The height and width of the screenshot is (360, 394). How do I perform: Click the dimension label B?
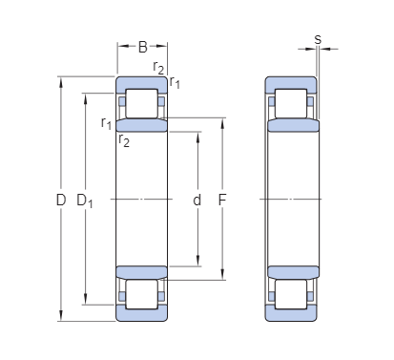[143, 47]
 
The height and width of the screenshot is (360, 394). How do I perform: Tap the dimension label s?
[318, 39]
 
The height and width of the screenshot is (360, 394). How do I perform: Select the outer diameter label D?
[61, 200]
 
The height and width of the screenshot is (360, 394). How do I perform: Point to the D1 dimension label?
[85, 201]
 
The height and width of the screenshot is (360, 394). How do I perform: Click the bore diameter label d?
[197, 200]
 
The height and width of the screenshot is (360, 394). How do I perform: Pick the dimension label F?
[222, 200]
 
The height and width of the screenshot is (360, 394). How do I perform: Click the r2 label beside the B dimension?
[158, 67]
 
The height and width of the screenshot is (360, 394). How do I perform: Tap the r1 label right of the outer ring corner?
[175, 82]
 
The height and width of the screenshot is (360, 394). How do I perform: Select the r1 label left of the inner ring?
[106, 122]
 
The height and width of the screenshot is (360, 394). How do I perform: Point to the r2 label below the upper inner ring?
[124, 140]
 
